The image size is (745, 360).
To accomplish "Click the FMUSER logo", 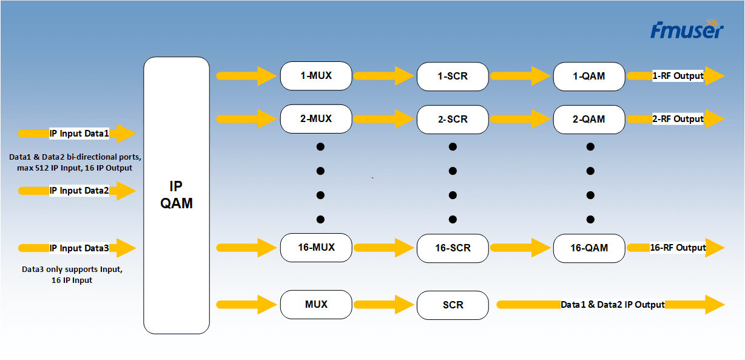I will (686, 30).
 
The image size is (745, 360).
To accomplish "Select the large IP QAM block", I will (176, 195).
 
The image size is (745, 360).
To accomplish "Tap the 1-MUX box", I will (316, 76).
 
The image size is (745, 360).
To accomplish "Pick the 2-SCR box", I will (453, 120).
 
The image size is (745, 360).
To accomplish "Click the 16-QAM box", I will (588, 248).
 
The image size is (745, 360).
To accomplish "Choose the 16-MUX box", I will (316, 248).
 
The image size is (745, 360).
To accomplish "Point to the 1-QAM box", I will (588, 76).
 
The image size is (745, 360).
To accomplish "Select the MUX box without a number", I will (316, 304).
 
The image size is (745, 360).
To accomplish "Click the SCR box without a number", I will (453, 305).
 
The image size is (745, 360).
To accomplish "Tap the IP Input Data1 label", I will (79, 134).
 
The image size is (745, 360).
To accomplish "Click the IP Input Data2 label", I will (79, 191).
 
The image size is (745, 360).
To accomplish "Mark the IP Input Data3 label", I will (79, 248).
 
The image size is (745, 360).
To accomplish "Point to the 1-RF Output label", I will (678, 76).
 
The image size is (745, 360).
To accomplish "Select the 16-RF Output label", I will (678, 248).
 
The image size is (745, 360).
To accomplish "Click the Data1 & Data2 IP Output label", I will (613, 305).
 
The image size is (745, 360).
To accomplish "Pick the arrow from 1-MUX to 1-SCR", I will (383, 76).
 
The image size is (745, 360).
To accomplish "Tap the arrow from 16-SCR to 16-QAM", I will (520, 248).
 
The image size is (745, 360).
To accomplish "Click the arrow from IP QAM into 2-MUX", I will (246, 119).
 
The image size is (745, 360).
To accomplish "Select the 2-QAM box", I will (588, 120).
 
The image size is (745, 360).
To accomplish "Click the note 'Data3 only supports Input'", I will (72, 269).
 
